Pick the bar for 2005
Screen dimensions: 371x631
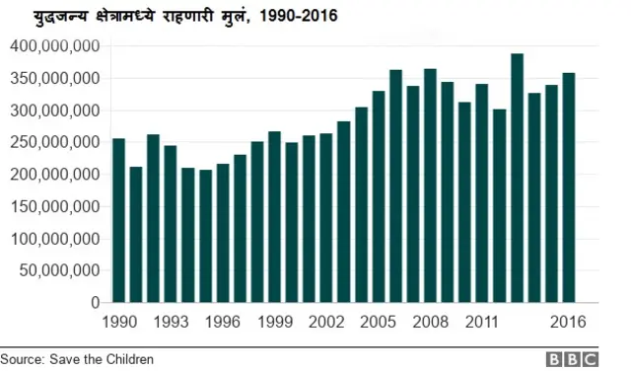379,196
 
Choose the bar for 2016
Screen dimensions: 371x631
569,187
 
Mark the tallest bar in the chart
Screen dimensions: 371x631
517,178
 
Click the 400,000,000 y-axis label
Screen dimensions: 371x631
53,46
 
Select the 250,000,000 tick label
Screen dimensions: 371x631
53,142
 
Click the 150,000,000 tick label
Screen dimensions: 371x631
53,206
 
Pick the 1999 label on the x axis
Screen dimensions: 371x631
274,322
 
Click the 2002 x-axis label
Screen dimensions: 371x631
326,322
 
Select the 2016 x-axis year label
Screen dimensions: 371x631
569,322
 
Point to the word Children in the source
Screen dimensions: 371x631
127,359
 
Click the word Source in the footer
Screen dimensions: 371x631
22,359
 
